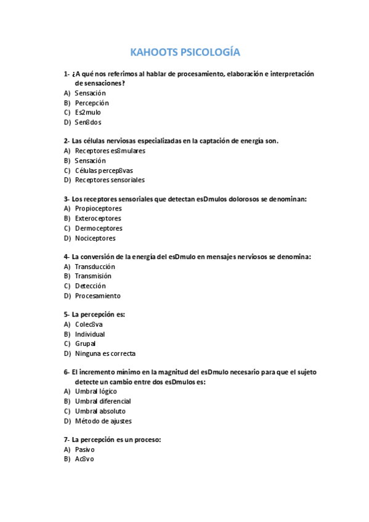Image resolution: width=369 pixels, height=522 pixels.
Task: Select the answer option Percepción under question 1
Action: (x=91, y=103)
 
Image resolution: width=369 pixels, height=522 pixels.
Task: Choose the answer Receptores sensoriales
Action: (x=110, y=180)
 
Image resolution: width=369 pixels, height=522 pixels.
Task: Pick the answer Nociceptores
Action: (x=95, y=238)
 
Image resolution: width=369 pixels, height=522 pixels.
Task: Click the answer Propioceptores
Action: (x=98, y=209)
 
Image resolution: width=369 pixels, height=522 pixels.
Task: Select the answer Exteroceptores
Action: (x=98, y=219)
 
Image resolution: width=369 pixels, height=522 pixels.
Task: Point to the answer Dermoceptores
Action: (x=99, y=228)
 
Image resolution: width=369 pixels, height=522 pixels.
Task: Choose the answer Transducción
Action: (x=95, y=267)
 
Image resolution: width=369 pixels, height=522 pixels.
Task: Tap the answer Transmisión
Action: (x=93, y=276)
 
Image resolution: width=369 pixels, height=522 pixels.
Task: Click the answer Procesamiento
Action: (x=97, y=296)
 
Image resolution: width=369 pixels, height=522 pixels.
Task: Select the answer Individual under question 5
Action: (x=90, y=334)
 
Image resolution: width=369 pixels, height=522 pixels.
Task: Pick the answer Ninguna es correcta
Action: (x=105, y=354)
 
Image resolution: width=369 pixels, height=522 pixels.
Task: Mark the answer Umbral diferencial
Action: (x=103, y=401)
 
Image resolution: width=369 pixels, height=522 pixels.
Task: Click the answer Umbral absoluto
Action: (x=100, y=411)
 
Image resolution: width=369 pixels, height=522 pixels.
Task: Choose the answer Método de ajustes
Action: (x=103, y=421)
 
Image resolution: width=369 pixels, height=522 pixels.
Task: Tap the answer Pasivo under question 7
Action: (x=84, y=449)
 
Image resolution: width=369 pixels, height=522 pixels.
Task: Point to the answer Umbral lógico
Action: (x=95, y=391)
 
